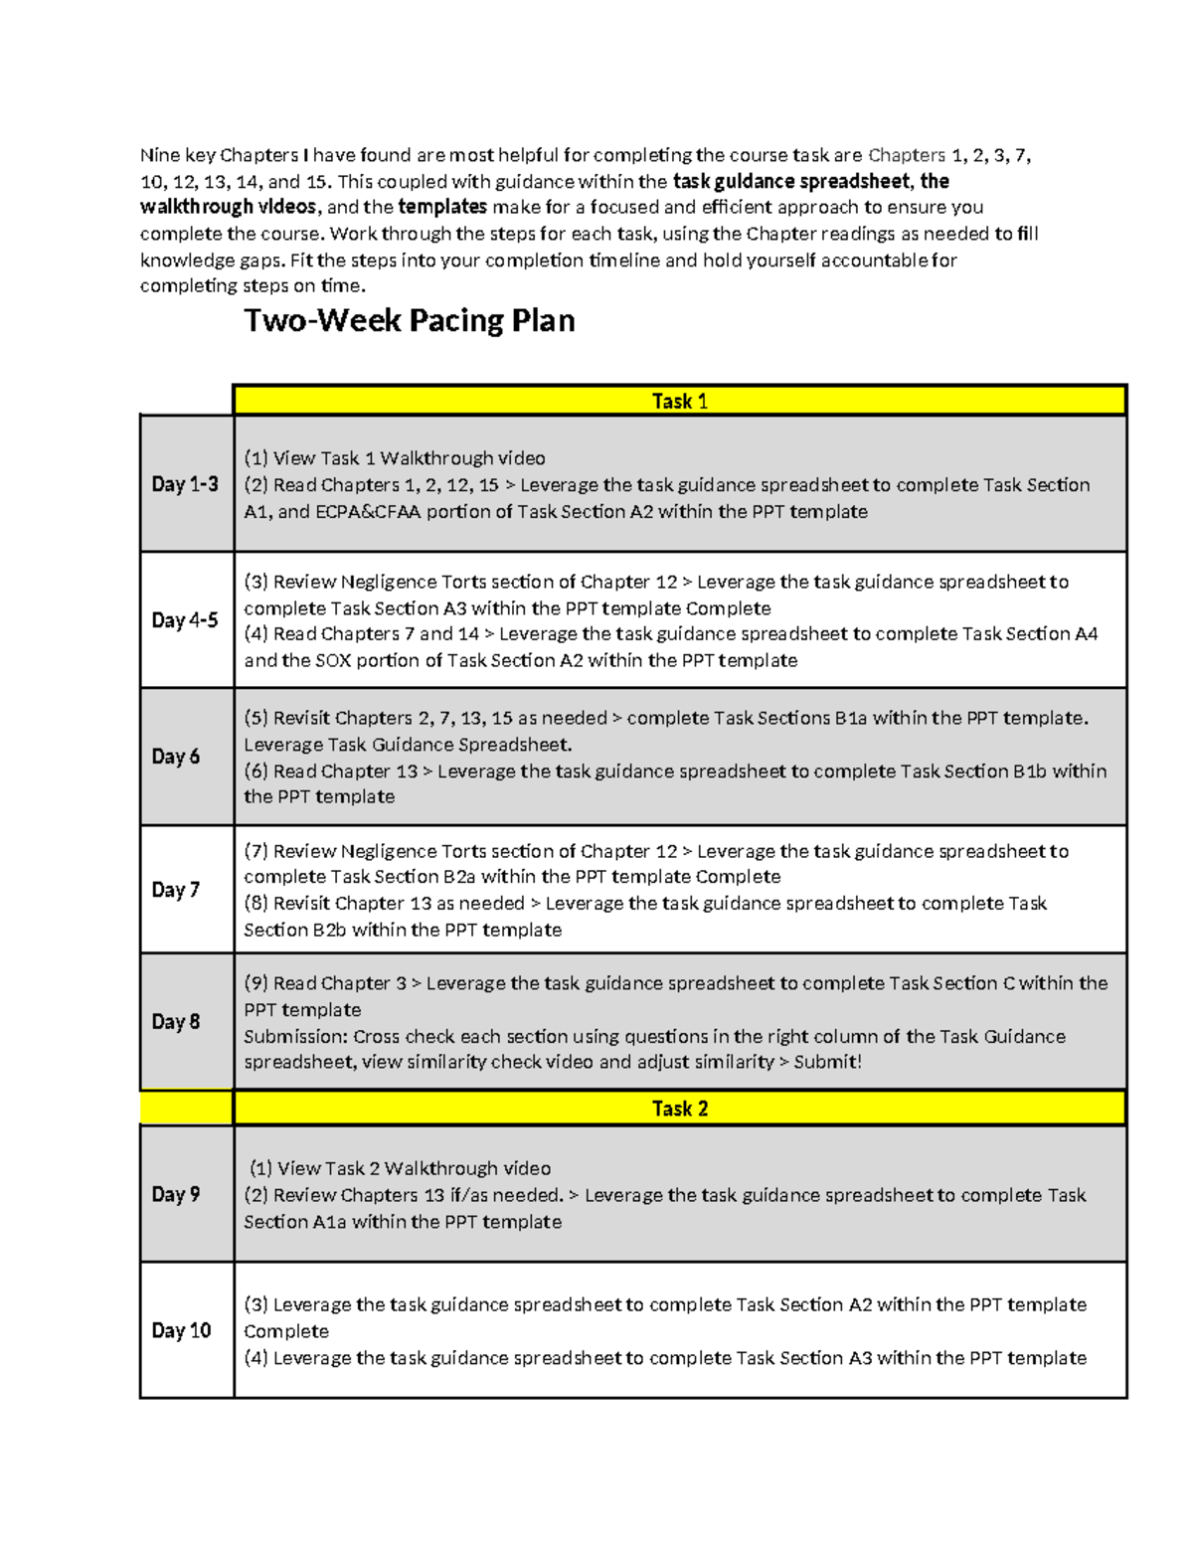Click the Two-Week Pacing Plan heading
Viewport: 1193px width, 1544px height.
(x=409, y=321)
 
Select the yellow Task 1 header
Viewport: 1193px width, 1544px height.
(x=679, y=401)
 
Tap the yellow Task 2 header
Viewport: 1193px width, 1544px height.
(x=679, y=1109)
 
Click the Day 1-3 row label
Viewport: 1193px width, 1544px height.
(x=185, y=484)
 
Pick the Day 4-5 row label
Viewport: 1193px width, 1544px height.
(x=185, y=620)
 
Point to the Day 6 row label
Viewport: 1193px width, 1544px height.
(x=176, y=757)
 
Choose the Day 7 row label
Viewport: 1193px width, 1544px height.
(x=176, y=890)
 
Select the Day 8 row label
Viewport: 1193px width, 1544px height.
(x=176, y=1022)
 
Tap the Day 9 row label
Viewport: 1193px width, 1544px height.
(x=176, y=1194)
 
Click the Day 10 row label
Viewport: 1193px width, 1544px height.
(x=181, y=1330)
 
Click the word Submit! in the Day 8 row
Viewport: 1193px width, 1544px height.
(x=827, y=1062)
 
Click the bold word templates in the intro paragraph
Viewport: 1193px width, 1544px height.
(x=442, y=207)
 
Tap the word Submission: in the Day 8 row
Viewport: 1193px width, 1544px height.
(x=295, y=1037)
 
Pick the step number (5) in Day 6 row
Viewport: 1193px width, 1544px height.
(x=256, y=718)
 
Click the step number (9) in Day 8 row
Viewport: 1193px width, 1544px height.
(x=256, y=983)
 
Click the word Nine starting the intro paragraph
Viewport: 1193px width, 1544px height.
(x=159, y=155)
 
